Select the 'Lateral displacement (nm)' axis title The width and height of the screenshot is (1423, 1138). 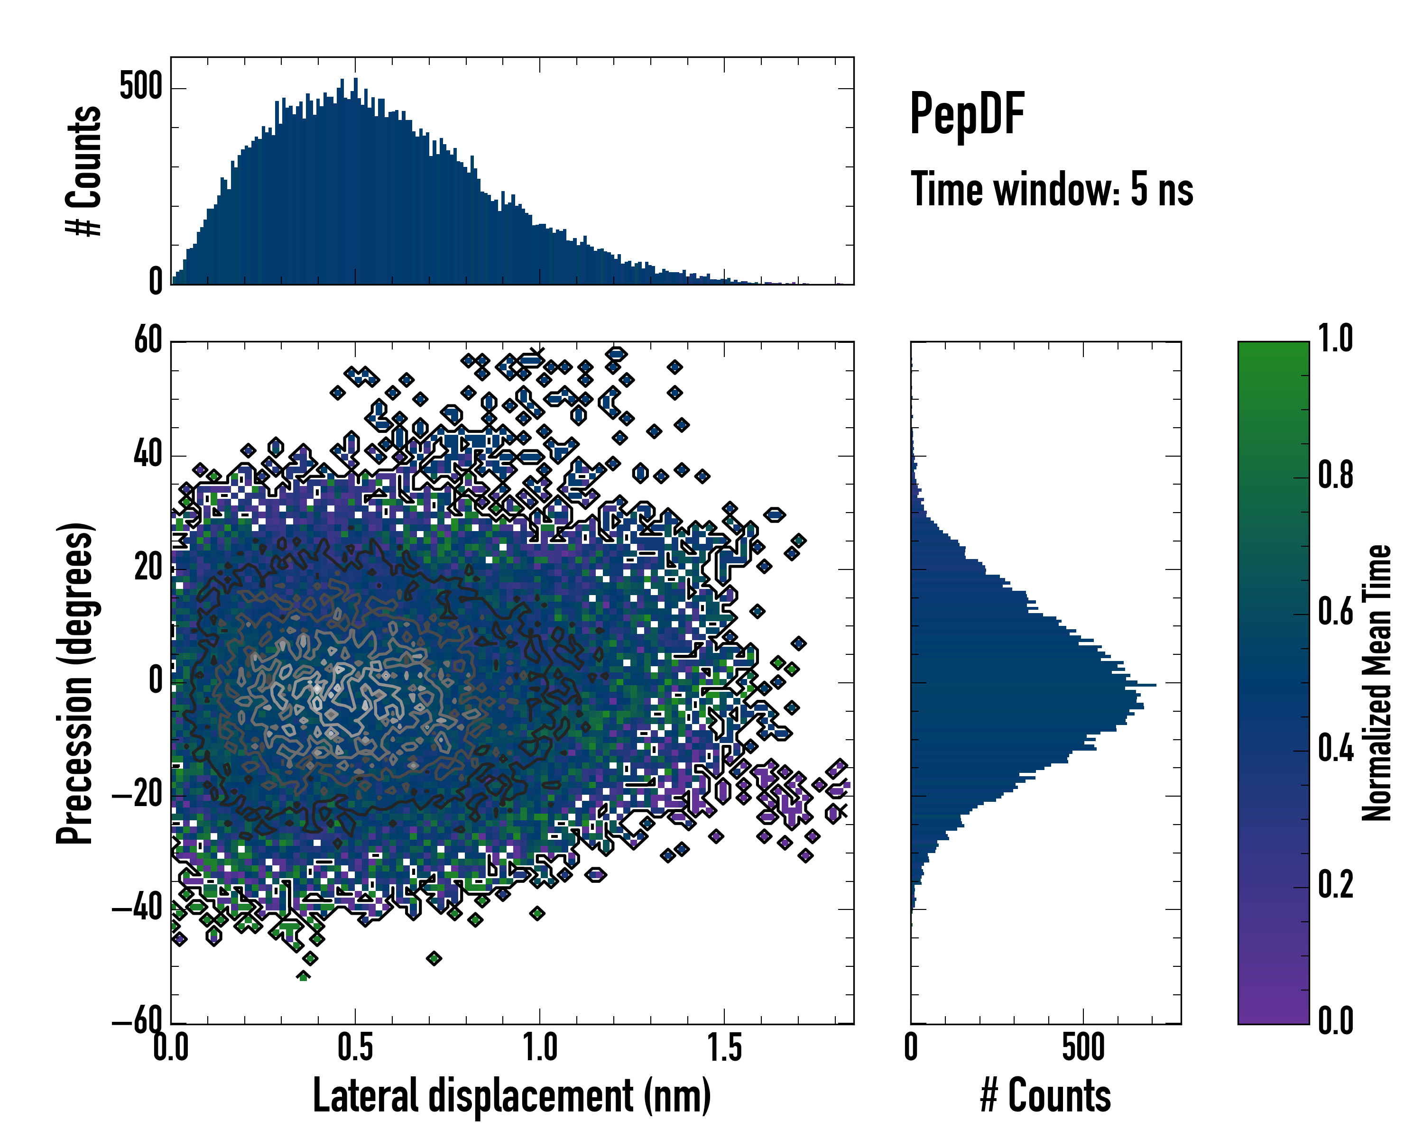pyautogui.click(x=511, y=1096)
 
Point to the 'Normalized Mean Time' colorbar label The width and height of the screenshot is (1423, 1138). pyautogui.click(x=1376, y=683)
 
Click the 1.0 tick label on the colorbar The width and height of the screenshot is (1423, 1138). pyautogui.click(x=1335, y=339)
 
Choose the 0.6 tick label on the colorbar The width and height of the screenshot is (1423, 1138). pyautogui.click(x=1335, y=612)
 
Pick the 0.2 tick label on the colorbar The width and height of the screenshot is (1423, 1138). pyautogui.click(x=1335, y=885)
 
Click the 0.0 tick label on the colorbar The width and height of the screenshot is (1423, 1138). pyautogui.click(x=1335, y=1021)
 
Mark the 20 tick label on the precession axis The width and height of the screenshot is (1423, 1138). pyautogui.click(x=148, y=568)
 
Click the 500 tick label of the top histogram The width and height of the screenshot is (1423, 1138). pyautogui.click(x=140, y=87)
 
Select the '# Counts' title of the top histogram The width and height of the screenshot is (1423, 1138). pyautogui.click(x=84, y=170)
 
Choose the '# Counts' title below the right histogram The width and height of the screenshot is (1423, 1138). pyautogui.click(x=1045, y=1096)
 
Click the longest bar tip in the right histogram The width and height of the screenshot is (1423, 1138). pyautogui.click(x=1155, y=686)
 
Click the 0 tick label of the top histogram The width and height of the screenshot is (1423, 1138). pyautogui.click(x=156, y=282)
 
